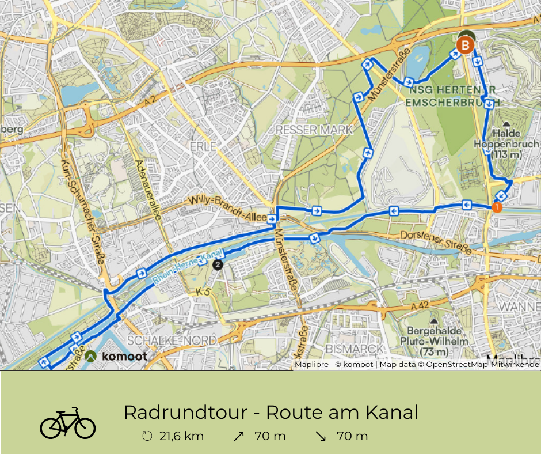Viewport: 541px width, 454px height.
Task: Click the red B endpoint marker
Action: [465, 45]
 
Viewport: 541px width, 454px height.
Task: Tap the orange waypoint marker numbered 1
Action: [496, 207]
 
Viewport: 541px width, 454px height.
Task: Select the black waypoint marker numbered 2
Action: [218, 264]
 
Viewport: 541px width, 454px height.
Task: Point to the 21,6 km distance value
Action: [181, 436]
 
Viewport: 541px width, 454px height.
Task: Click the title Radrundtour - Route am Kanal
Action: [270, 413]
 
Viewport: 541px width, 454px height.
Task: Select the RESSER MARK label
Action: [314, 130]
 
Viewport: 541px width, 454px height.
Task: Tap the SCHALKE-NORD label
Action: [173, 340]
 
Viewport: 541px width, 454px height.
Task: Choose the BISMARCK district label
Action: [355, 349]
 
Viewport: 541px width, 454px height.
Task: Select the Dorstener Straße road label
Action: [434, 242]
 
